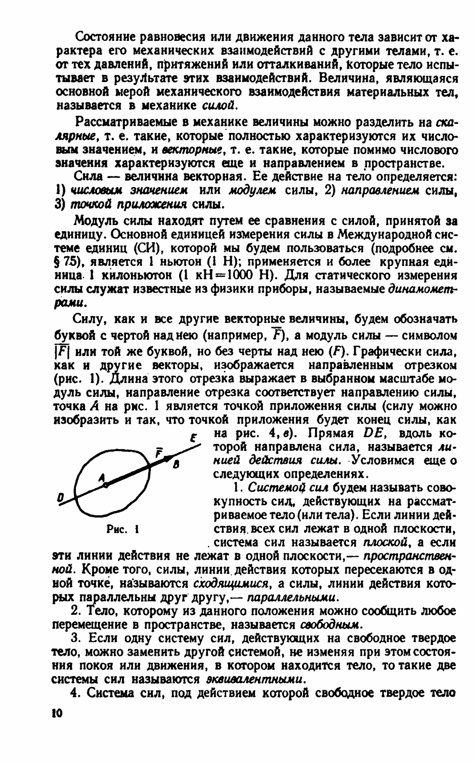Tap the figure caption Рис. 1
123,528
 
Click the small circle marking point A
105,485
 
